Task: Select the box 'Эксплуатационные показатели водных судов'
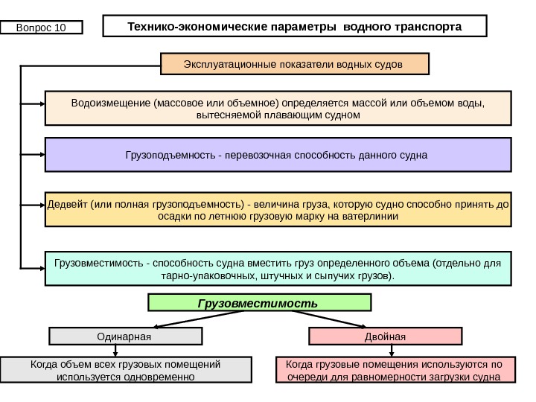click(x=295, y=64)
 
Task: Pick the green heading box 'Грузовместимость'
click(x=259, y=303)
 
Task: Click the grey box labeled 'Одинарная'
click(x=125, y=336)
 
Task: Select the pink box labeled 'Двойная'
click(x=386, y=336)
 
